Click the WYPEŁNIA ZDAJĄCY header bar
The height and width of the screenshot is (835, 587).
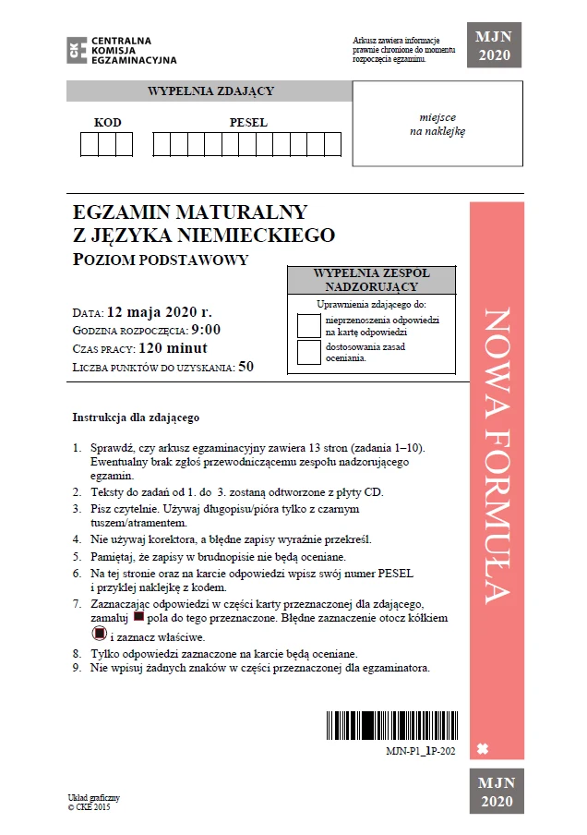tap(210, 91)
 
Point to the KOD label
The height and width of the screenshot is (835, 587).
tap(108, 123)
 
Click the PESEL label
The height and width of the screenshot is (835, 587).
tap(248, 123)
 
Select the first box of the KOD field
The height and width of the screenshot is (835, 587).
tap(90, 145)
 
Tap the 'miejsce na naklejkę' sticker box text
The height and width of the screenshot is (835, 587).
tap(437, 125)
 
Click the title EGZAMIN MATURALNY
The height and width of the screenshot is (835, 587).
tap(190, 212)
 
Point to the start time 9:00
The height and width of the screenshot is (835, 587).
tap(207, 330)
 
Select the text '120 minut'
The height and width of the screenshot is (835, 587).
tap(173, 348)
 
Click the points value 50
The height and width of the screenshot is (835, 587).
tap(246, 367)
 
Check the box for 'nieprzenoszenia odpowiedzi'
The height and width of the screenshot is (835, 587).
tap(308, 325)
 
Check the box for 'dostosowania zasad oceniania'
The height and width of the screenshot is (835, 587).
tap(308, 352)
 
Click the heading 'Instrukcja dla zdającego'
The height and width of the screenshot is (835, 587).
tap(136, 417)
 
